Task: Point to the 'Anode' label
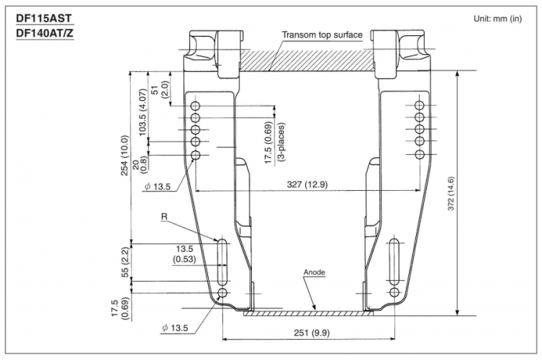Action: coord(314,274)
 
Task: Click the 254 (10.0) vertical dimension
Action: coord(125,156)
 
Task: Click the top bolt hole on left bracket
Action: coord(195,105)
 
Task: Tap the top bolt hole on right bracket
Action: coord(421,105)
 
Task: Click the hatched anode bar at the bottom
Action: coord(309,313)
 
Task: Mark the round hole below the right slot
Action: coord(394,292)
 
